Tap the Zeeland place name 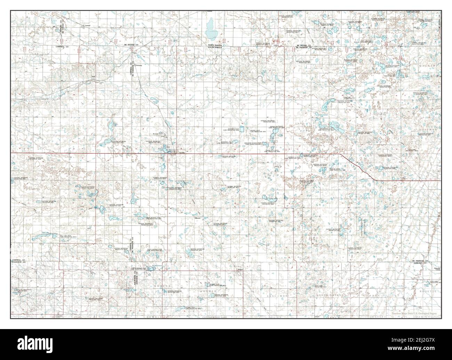[x=88, y=25]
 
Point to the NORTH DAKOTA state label [x=218, y=45]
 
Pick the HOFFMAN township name [x=428, y=129]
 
